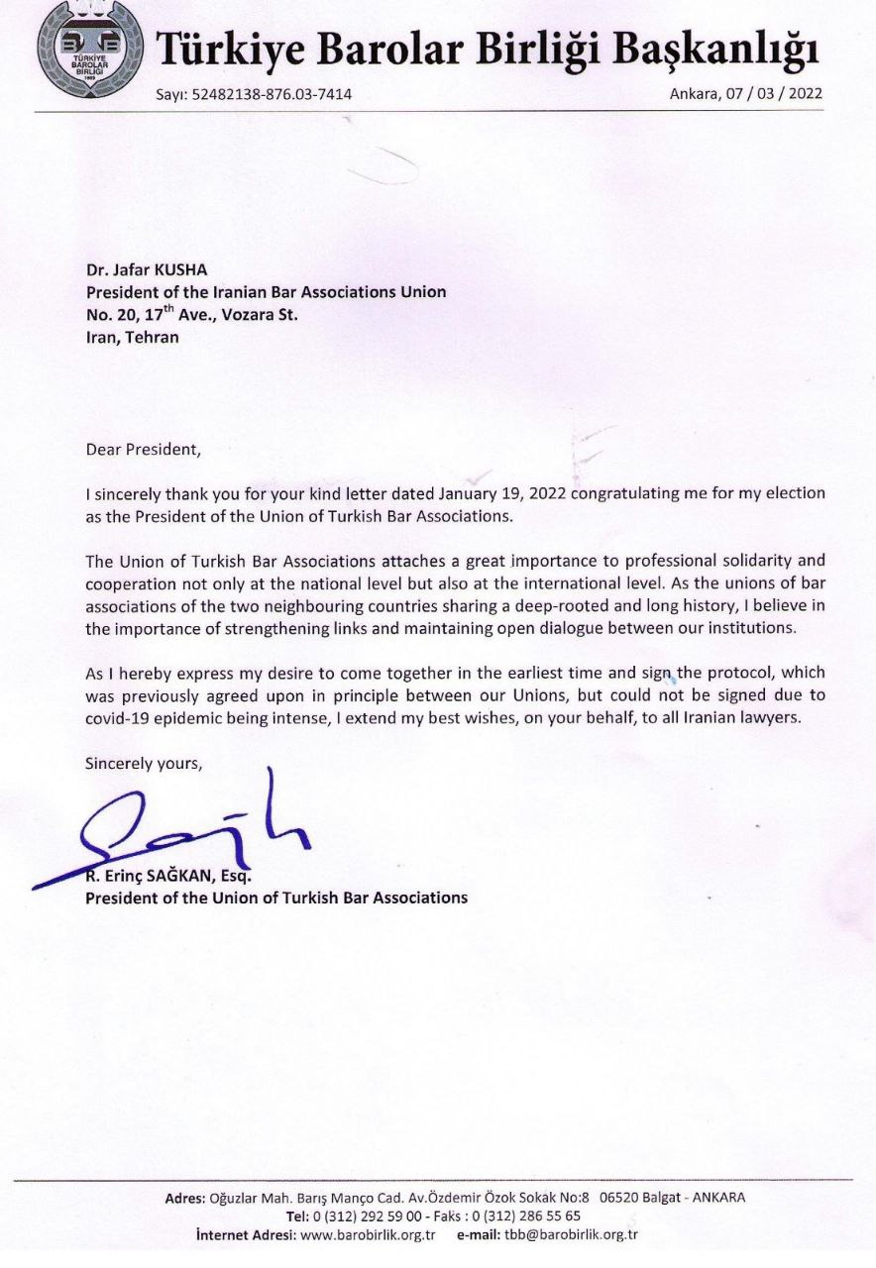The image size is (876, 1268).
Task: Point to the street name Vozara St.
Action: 257,315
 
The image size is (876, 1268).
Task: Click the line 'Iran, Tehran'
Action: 133,337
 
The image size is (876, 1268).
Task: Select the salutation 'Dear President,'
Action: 143,449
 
